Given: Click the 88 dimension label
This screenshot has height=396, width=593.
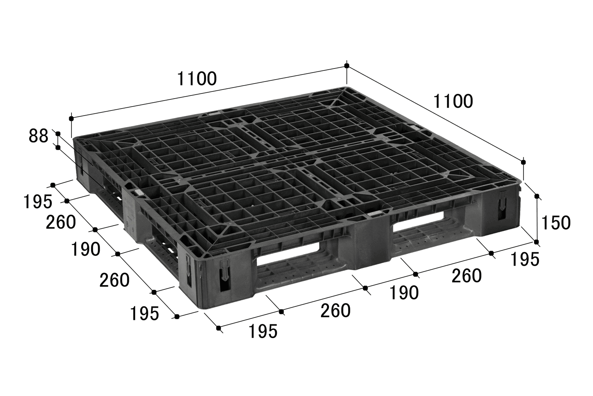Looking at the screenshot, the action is [x=38, y=136].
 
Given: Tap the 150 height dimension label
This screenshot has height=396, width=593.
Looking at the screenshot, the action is [x=556, y=223].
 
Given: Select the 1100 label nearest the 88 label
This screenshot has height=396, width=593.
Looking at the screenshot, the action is [x=197, y=78].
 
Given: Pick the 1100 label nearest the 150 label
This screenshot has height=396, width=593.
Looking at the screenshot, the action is [x=453, y=101].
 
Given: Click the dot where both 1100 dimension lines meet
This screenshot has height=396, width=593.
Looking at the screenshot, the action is [x=347, y=65].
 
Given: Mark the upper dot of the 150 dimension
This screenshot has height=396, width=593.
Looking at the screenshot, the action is [x=537, y=196].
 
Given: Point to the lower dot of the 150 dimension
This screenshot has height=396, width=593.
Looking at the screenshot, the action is [x=536, y=242].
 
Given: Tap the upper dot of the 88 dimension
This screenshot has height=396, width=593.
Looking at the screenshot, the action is [x=58, y=133].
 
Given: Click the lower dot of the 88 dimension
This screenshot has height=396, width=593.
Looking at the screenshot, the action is [x=58, y=147].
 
